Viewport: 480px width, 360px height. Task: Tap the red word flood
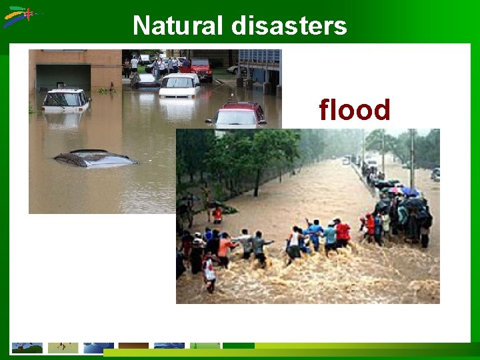pos(354,110)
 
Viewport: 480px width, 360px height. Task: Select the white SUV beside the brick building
pos(65,99)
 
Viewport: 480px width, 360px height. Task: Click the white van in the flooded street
pos(179,85)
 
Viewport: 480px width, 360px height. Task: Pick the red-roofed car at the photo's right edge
pos(238,115)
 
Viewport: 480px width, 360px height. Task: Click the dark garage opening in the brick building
pos(63,77)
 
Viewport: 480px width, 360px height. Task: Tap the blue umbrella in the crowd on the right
pos(410,192)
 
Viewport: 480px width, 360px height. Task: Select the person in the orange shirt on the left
pos(225,248)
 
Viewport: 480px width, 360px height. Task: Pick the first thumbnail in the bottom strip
pos(27,348)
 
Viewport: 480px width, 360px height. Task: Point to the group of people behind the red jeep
pos(160,65)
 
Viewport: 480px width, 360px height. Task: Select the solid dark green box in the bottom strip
pos(239,345)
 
